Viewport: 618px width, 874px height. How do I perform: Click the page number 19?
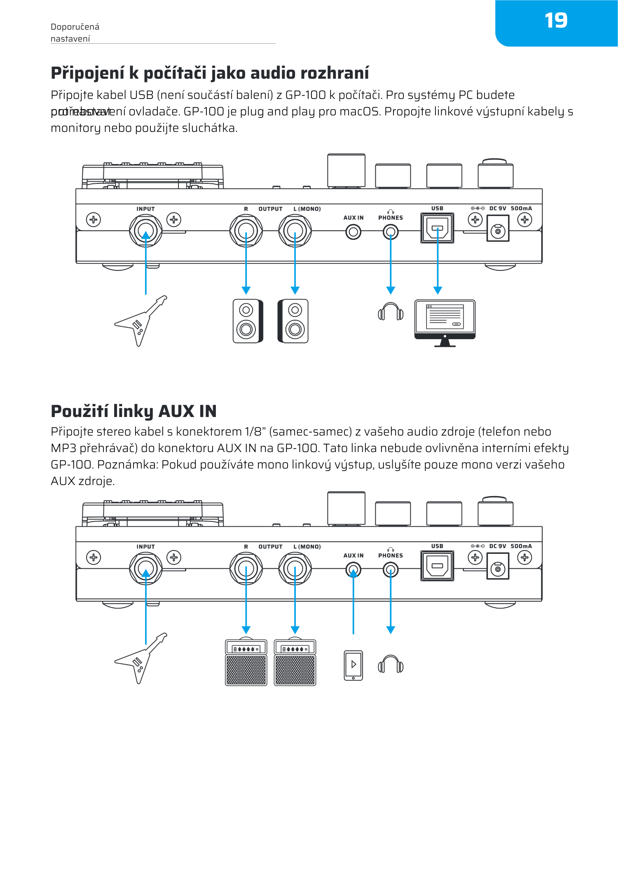pos(556,21)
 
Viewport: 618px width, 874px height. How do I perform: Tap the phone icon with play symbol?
pos(353,665)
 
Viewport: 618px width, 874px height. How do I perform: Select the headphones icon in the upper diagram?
pos(391,312)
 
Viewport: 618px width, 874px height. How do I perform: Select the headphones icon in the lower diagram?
pos(391,664)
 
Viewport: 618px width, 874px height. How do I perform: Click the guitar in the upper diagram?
pos(140,321)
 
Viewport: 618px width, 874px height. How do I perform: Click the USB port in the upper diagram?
pos(437,228)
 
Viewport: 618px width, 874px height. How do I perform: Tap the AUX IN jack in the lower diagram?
pos(353,570)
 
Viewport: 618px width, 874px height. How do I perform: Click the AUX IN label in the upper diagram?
pos(353,218)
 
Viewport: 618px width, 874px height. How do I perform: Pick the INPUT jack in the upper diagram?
pos(145,231)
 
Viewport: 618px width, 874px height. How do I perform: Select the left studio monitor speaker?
pos(247,321)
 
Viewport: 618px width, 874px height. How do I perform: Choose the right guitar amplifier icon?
pos(295,663)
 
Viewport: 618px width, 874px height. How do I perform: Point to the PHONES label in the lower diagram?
pos(391,555)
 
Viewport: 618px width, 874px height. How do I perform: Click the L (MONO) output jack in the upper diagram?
pos(295,231)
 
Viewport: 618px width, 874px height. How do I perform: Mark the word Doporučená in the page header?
pos(75,27)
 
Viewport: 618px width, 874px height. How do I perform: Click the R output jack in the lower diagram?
pos(246,569)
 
